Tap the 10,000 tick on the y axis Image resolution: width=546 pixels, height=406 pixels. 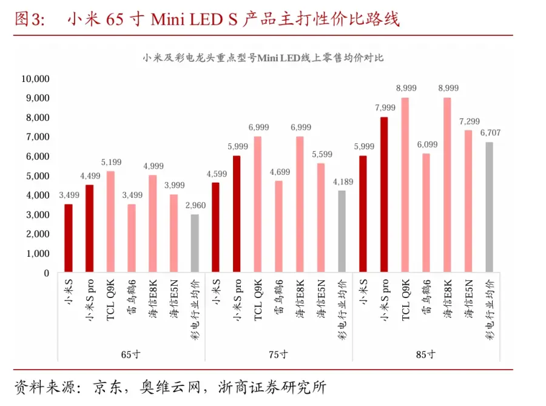[35, 78]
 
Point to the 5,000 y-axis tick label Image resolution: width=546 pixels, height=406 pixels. [37, 175]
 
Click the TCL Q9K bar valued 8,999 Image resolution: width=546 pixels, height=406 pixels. [405, 184]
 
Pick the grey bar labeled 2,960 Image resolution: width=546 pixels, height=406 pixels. [194, 243]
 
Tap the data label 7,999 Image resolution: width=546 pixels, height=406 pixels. [385, 107]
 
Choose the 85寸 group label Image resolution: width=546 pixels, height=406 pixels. [426, 354]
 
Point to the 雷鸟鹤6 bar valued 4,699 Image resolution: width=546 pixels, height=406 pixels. [278, 226]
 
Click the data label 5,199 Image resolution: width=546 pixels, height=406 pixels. [110, 162]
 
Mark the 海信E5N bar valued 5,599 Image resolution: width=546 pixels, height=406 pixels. [320, 217]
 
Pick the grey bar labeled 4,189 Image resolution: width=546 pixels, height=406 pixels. [342, 231]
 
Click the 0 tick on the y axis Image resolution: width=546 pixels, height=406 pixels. [45, 272]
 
